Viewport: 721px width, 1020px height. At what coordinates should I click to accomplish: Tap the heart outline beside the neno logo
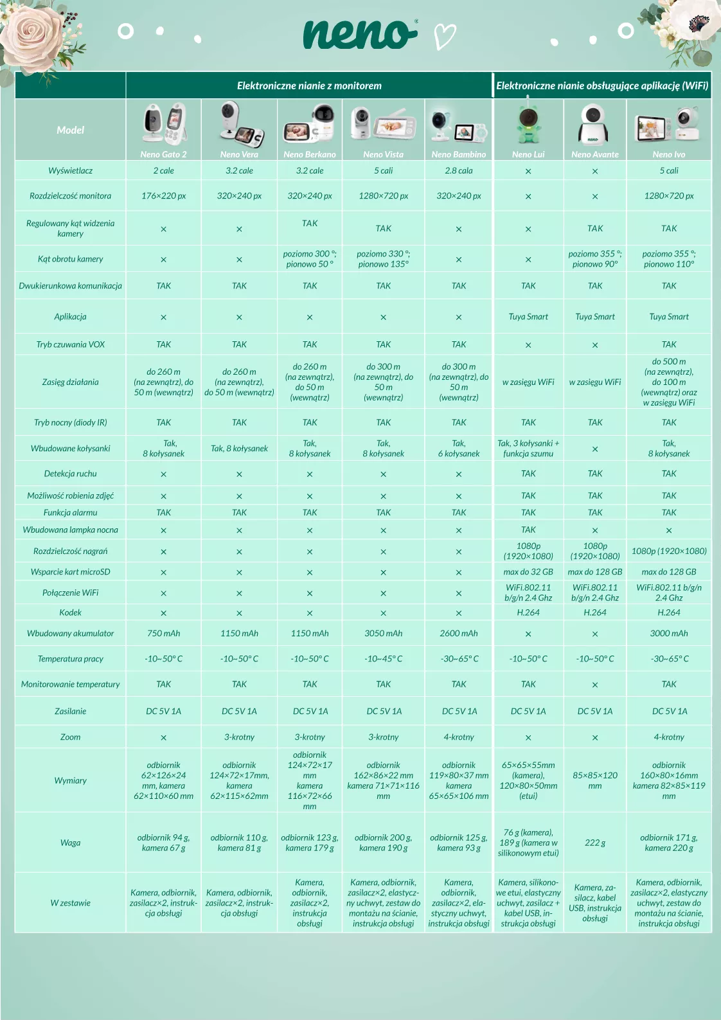point(445,36)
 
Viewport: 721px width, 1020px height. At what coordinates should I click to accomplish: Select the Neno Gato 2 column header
point(163,154)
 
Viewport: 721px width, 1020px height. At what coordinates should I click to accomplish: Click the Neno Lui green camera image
point(528,122)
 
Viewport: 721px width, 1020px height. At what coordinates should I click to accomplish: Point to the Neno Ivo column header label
point(668,154)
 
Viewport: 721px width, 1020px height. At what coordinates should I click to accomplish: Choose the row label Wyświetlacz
point(70,171)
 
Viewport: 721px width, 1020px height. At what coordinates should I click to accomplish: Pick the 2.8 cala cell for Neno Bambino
point(458,171)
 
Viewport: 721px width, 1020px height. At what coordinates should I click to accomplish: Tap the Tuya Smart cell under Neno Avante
point(595,317)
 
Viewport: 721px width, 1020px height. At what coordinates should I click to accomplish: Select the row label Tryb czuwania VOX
point(70,344)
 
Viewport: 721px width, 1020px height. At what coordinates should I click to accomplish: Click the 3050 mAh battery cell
point(383,633)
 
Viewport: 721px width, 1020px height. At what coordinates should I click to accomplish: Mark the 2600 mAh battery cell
point(458,633)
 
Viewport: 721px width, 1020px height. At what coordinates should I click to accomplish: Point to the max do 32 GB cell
point(528,572)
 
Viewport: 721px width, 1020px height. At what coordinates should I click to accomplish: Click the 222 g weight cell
point(595,843)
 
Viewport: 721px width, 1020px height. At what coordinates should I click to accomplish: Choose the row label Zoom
point(70,737)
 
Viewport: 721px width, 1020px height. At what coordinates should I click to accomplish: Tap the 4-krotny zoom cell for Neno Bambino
point(458,737)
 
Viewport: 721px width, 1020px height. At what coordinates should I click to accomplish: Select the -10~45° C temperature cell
point(383,659)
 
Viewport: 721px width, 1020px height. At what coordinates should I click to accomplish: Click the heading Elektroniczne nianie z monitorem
point(309,85)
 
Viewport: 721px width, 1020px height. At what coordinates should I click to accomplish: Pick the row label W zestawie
point(70,903)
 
